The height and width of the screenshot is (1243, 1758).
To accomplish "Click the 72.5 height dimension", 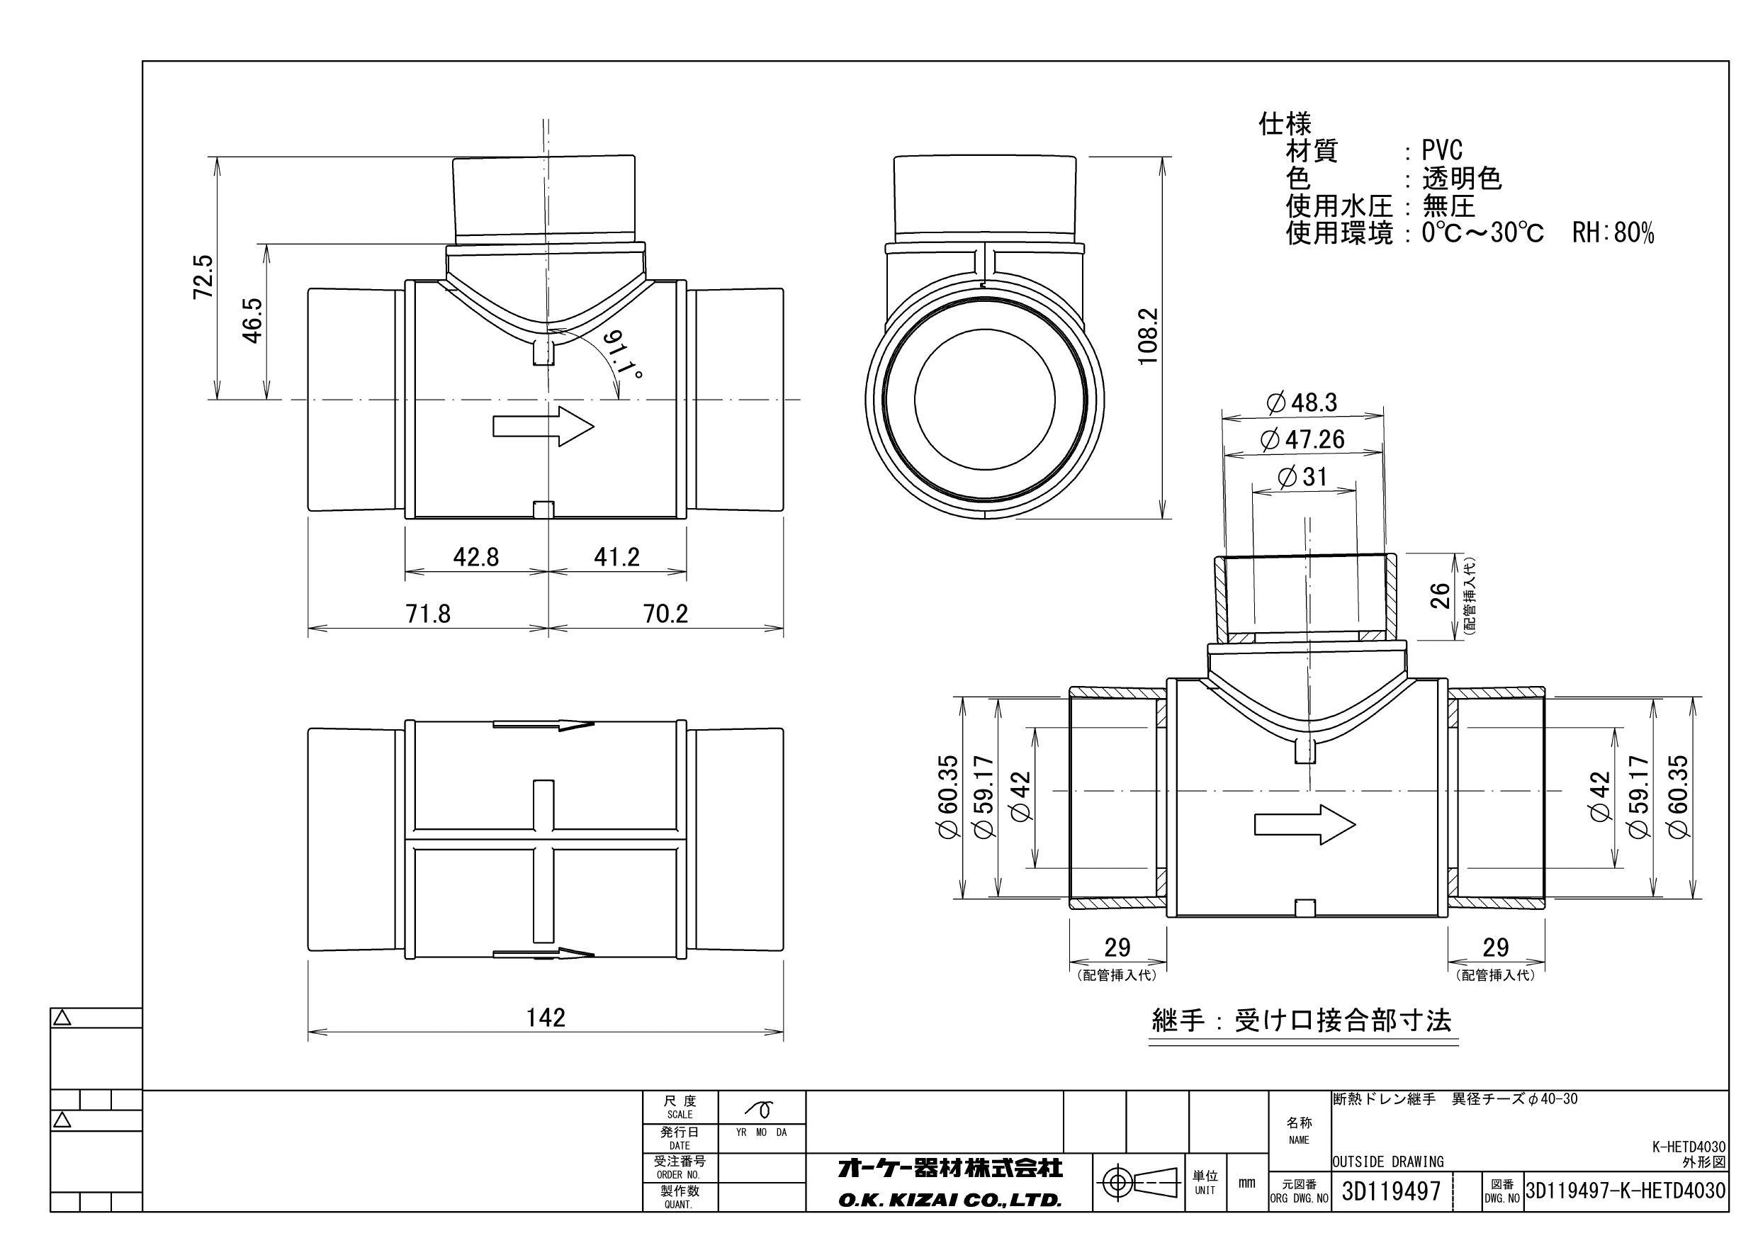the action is (203, 277).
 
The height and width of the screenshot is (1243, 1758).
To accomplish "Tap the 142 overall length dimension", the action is (546, 1017).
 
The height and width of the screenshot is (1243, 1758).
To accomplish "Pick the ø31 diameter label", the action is (1302, 477).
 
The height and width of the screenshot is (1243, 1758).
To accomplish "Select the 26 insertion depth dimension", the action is (1441, 595).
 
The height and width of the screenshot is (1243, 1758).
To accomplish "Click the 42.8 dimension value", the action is (475, 557).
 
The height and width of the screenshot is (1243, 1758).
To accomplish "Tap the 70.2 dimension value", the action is (665, 614).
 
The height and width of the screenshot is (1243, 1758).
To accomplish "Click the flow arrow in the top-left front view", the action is (543, 426).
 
